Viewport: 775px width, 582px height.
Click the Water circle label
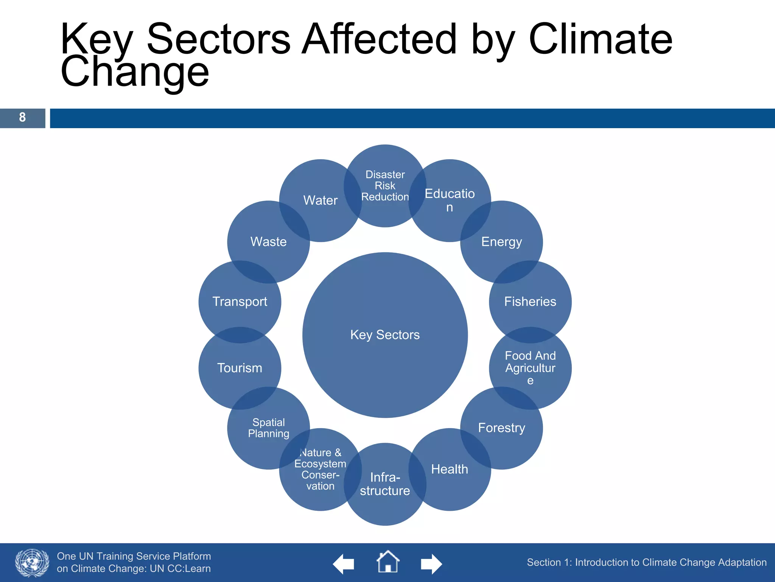(320, 200)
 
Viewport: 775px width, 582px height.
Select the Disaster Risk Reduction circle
(385, 186)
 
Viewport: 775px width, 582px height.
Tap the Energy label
(501, 242)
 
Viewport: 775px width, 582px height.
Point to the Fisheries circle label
(530, 302)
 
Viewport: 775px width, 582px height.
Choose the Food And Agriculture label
(530, 368)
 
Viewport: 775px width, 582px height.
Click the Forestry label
(501, 428)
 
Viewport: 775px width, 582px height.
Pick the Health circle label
(450, 469)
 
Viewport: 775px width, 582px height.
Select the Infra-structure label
(385, 484)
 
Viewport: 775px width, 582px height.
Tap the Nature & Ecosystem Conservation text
(320, 469)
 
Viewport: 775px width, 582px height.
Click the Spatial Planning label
(268, 428)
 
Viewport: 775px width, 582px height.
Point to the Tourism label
(240, 368)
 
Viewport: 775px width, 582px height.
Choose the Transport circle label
(240, 302)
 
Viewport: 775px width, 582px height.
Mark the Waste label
(268, 242)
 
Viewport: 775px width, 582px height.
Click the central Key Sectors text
(385, 335)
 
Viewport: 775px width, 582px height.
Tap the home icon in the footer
(387, 562)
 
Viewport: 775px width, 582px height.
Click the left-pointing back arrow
(344, 564)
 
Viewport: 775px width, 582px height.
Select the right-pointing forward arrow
(431, 564)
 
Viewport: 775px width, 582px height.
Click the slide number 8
(22, 117)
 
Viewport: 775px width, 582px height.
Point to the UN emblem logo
(32, 563)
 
